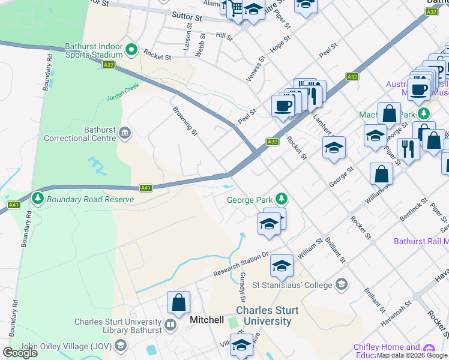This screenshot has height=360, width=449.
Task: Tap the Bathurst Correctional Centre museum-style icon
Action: tap(125, 133)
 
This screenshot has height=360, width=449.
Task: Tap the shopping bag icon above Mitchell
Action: tap(179, 302)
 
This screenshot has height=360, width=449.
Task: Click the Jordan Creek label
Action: tap(122, 97)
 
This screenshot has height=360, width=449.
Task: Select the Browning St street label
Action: tap(185, 119)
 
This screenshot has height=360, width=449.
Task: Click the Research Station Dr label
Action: tap(241, 264)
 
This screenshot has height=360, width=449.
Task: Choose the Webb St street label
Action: tap(200, 46)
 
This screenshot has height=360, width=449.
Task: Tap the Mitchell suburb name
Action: tap(206, 320)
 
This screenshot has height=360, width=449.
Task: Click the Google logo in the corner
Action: tap(20, 353)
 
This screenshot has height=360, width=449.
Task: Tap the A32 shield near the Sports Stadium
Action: tap(109, 65)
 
